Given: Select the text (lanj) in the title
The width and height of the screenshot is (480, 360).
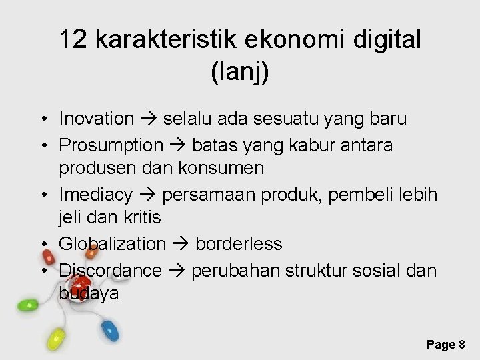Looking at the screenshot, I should tap(240, 72).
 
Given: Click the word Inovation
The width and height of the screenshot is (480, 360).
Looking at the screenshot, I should tap(97, 119).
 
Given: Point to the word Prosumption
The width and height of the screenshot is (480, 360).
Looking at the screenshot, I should tap(111, 145).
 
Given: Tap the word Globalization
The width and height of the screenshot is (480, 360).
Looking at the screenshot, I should tap(112, 245).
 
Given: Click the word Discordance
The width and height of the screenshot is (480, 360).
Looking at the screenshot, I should tap(110, 270).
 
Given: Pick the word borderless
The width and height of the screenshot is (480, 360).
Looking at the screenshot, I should tap(239, 245).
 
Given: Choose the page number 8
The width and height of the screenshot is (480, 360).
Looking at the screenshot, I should tap(461, 344).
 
